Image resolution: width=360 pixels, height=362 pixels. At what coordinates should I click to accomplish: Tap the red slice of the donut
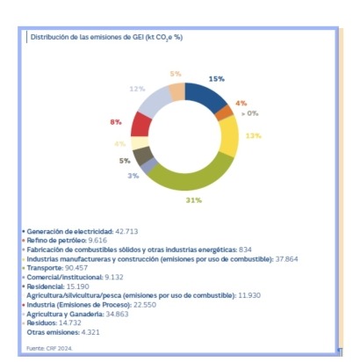pyautogui.click(x=141, y=124)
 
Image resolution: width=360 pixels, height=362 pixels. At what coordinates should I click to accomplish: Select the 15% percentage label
pyautogui.click(x=216, y=78)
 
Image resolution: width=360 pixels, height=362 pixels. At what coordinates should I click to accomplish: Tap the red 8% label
pyautogui.click(x=116, y=121)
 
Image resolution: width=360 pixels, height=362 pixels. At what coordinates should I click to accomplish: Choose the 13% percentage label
pyautogui.click(x=254, y=135)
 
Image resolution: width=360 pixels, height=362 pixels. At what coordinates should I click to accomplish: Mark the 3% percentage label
pyautogui.click(x=133, y=176)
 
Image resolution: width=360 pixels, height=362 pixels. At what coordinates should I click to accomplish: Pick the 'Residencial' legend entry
pyautogui.click(x=46, y=286)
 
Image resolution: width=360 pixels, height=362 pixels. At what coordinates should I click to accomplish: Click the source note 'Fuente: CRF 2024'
pyautogui.click(x=48, y=349)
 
